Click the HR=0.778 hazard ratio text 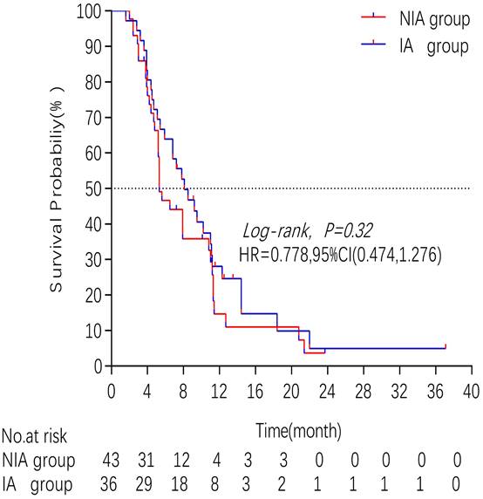[340, 256]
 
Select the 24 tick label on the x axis [327, 390]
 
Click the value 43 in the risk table [112, 460]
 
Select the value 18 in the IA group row [183, 482]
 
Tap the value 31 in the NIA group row [147, 460]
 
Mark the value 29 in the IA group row [147, 482]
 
